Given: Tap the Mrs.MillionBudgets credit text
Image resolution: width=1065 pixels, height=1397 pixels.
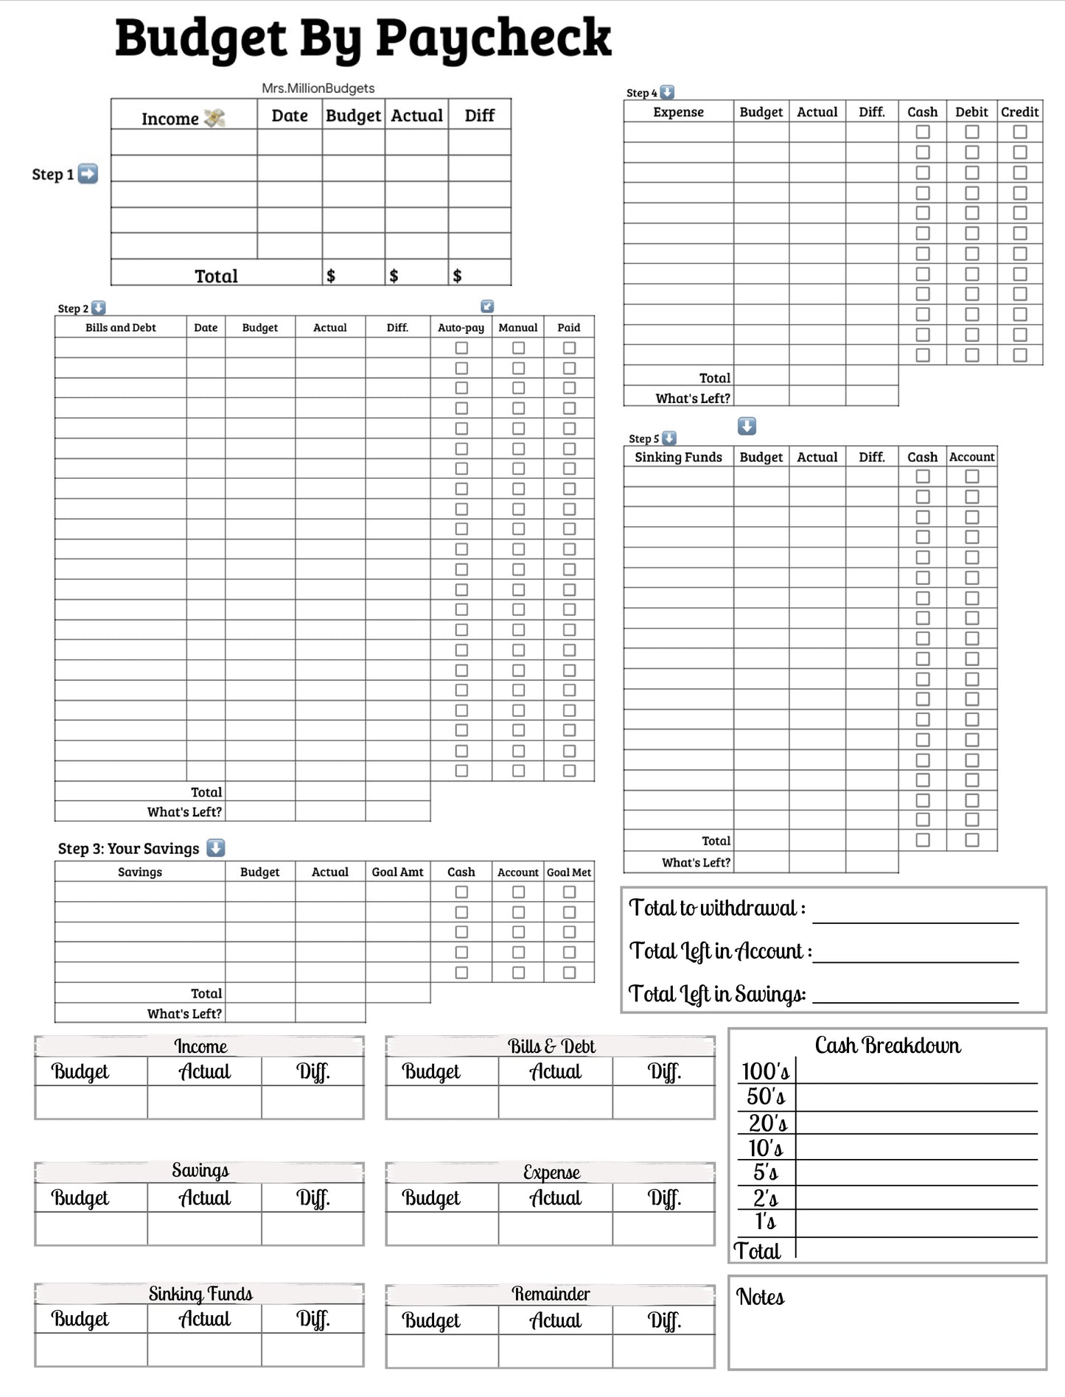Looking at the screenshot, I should point(318,88).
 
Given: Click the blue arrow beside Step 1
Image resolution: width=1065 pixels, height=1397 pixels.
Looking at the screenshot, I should point(88,174).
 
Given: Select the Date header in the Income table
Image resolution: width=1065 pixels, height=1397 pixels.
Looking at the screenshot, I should point(290,116).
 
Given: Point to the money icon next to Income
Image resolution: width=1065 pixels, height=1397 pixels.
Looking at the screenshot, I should point(214,118).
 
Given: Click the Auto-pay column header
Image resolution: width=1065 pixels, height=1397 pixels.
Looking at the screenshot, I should point(461,328).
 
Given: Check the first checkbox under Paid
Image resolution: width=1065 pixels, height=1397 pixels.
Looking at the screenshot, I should point(569,348).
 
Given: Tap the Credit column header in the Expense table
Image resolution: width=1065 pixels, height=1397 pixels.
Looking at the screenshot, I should point(1019,112).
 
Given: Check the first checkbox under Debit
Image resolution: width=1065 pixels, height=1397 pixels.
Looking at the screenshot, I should point(972,132).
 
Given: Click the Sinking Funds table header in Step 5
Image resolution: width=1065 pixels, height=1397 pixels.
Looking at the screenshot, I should point(678,457).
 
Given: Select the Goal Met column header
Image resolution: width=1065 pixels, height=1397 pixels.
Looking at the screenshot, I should point(569,872).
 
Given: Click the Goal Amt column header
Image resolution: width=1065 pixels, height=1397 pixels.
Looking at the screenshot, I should point(397,872).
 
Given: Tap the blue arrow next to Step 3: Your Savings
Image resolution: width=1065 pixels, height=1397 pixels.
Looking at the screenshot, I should point(215,848).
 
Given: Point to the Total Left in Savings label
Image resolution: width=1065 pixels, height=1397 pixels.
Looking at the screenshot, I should point(716,995).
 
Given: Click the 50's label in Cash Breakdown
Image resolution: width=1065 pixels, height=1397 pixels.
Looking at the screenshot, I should point(766,1097).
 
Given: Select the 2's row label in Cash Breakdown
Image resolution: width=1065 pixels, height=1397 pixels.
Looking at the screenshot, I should point(765,1198).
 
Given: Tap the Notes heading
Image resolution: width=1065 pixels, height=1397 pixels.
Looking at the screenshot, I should point(760,1298).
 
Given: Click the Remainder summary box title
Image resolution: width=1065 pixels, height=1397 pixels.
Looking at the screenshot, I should point(551,1294).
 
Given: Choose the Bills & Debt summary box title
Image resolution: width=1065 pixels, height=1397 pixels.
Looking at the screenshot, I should point(551,1046).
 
